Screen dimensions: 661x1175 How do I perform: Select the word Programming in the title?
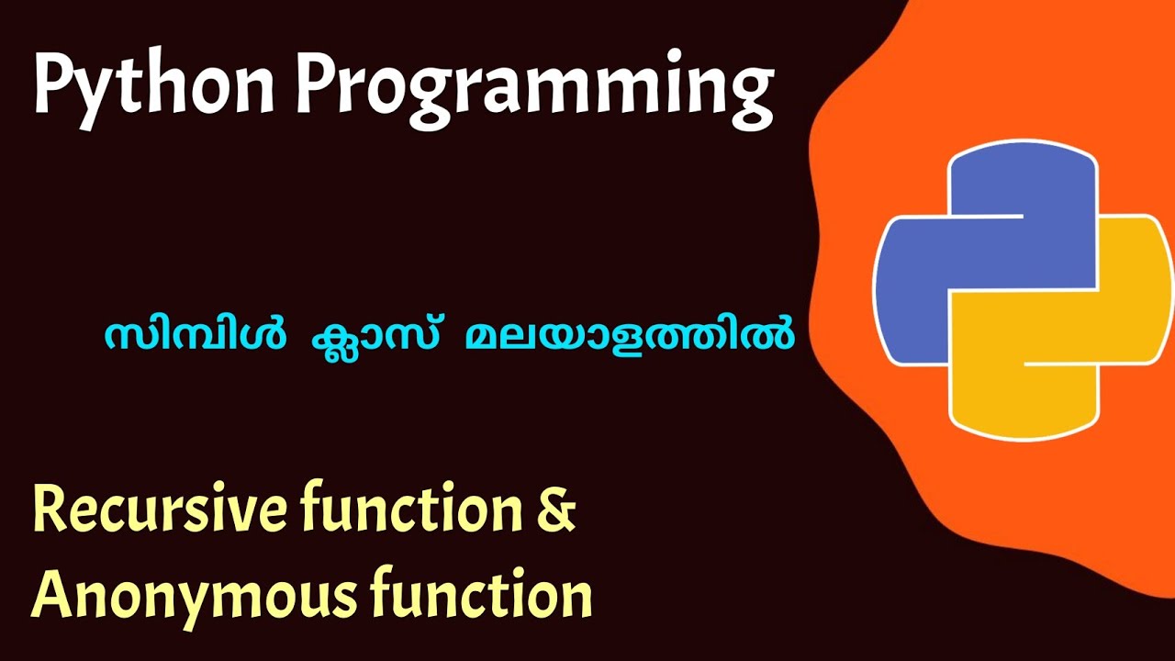point(533,87)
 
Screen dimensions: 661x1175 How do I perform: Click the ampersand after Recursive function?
point(555,511)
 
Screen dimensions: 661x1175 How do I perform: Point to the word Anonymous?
point(193,595)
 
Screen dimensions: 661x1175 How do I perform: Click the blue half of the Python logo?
point(982,248)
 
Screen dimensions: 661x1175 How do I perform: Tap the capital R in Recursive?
point(51,511)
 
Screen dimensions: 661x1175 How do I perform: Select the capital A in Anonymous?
point(54,594)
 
